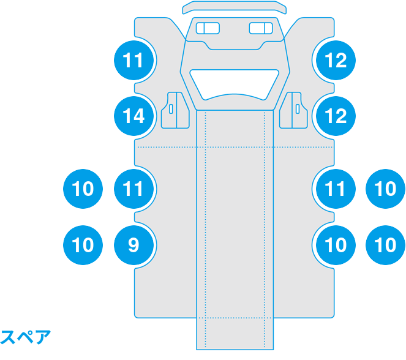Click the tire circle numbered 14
[133, 116]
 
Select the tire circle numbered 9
[133, 245]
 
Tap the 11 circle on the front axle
[133, 60]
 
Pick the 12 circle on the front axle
[336, 60]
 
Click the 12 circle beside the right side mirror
[336, 116]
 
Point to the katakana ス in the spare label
[8, 337]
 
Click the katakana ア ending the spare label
[42, 337]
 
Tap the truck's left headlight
[208, 28]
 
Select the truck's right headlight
[261, 28]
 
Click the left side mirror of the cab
[175, 110]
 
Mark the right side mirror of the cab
[293, 110]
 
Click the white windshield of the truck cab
[235, 84]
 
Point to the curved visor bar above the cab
[235, 7]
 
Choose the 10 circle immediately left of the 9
[83, 245]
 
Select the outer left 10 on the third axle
[83, 189]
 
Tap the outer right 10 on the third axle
[385, 189]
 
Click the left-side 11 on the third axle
[133, 189]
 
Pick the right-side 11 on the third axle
[336, 189]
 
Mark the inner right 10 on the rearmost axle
[336, 245]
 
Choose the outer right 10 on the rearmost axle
[385, 245]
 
